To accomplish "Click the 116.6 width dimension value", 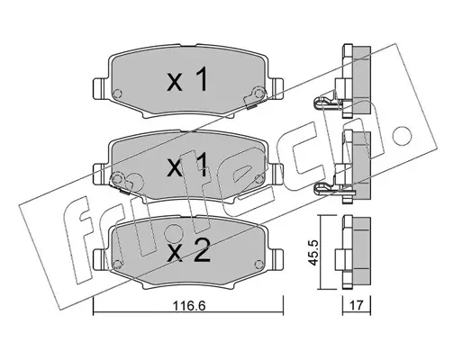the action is tap(189, 306).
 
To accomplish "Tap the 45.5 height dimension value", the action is tap(313, 252).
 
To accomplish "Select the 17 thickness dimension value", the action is tap(357, 306).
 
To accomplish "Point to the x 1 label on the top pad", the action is tap(187, 79).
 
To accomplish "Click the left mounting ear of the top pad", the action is tap(99, 88).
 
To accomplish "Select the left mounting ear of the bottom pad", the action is tap(99, 259).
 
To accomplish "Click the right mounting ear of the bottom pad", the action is tap(277, 259).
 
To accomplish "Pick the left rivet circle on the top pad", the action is tap(117, 94).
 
